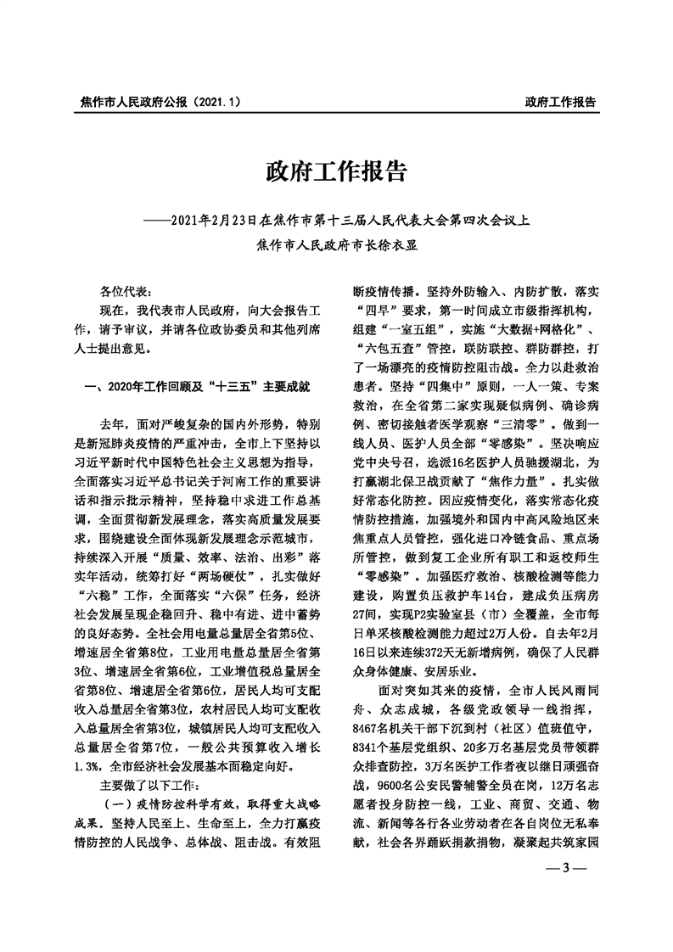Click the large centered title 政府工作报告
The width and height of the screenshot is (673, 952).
click(x=336, y=174)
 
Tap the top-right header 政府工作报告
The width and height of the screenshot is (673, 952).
click(x=560, y=102)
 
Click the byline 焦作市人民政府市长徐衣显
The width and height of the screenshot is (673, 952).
click(x=337, y=246)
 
